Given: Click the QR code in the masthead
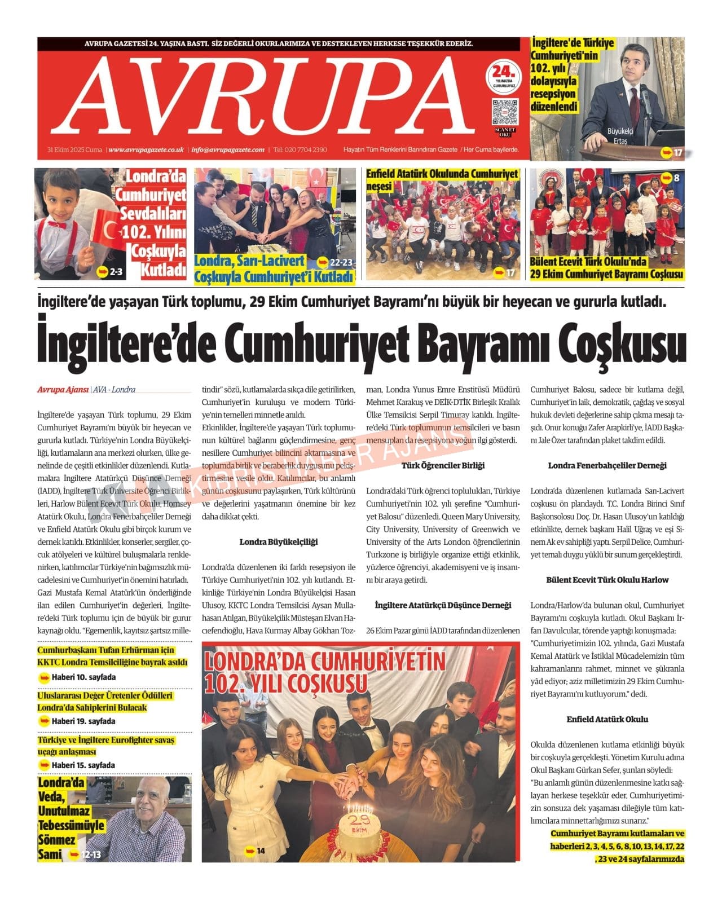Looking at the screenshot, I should click(504, 112).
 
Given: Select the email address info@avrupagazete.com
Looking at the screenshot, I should click(228, 150).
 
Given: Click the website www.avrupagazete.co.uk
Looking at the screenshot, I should click(146, 150).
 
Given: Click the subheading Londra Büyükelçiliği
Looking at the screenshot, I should click(279, 542).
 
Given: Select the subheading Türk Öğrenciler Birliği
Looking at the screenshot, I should click(443, 465).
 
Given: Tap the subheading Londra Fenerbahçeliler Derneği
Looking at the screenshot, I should click(607, 465).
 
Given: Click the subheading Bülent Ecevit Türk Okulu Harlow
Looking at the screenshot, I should click(607, 580).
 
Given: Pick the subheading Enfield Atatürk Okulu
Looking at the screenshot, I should click(607, 719).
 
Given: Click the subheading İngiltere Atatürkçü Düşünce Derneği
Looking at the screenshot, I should click(443, 605).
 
